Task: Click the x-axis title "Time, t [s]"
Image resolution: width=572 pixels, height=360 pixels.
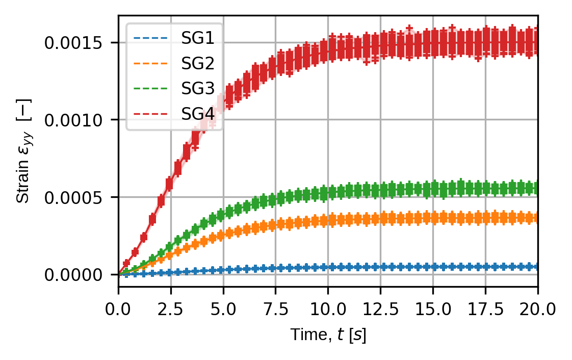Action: click(x=328, y=335)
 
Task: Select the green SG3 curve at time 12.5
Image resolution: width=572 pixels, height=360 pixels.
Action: click(x=380, y=190)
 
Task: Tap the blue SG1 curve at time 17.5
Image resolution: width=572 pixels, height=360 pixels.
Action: click(x=485, y=267)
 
